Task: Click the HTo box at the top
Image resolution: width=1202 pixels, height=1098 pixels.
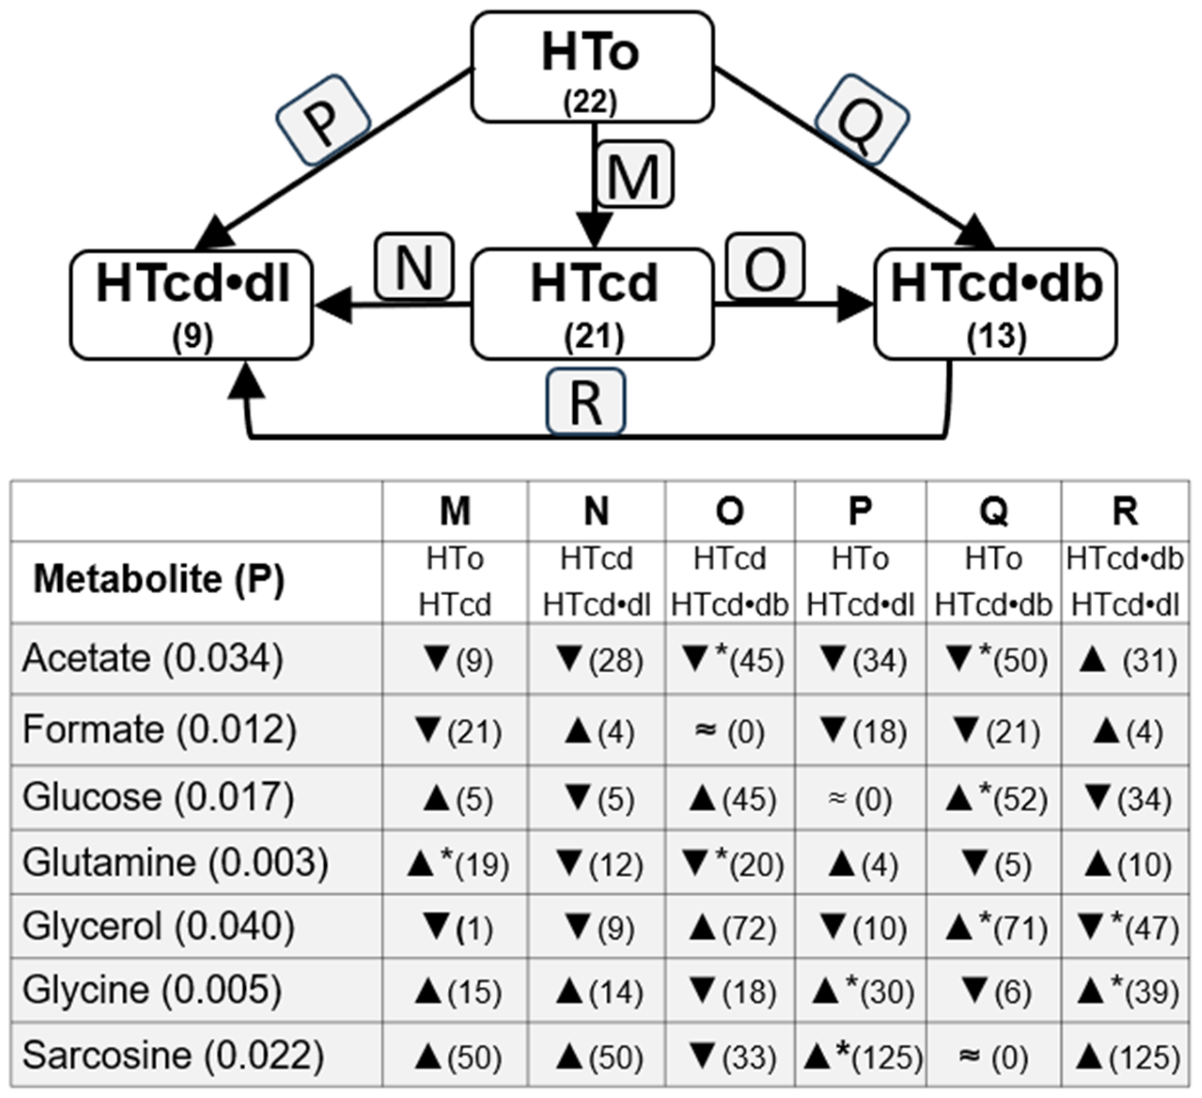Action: [x=592, y=67]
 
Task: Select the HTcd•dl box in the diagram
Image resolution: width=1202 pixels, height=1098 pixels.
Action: [x=191, y=304]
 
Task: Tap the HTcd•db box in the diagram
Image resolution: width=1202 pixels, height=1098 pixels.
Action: [x=995, y=304]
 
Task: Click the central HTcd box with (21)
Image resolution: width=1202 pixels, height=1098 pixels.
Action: [x=592, y=304]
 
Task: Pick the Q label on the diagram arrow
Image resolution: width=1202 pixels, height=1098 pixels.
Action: [x=861, y=119]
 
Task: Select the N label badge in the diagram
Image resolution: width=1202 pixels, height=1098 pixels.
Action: [x=414, y=266]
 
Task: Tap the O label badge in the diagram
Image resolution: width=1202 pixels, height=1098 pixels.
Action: [x=765, y=266]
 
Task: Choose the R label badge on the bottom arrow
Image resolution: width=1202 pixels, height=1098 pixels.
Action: [x=586, y=402]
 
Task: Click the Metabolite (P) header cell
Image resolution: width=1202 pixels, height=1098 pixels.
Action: [x=159, y=579]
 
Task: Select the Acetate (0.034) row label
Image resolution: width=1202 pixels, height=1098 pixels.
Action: [x=153, y=659]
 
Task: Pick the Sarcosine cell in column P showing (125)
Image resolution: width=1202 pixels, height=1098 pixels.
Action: [x=861, y=1056]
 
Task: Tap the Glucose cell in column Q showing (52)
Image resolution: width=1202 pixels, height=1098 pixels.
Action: [x=994, y=799]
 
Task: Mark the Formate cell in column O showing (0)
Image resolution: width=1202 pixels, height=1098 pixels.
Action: [x=730, y=731]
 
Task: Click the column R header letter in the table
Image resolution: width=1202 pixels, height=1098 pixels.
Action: [x=1124, y=512]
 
